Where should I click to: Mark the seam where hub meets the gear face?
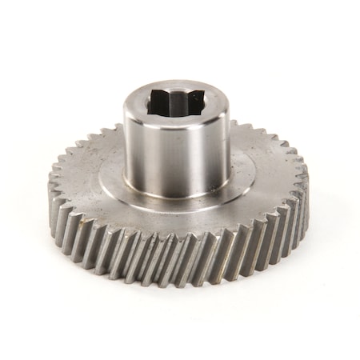click(x=176, y=192)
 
